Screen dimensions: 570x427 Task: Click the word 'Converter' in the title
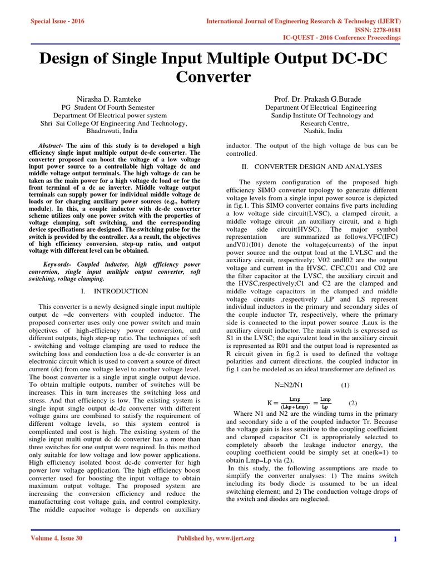coord(213,76)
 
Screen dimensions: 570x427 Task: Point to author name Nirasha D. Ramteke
coord(113,99)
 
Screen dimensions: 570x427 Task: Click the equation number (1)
coord(345,385)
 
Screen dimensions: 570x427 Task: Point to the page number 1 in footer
coord(394,539)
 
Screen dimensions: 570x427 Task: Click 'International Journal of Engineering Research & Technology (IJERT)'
coord(304,21)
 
